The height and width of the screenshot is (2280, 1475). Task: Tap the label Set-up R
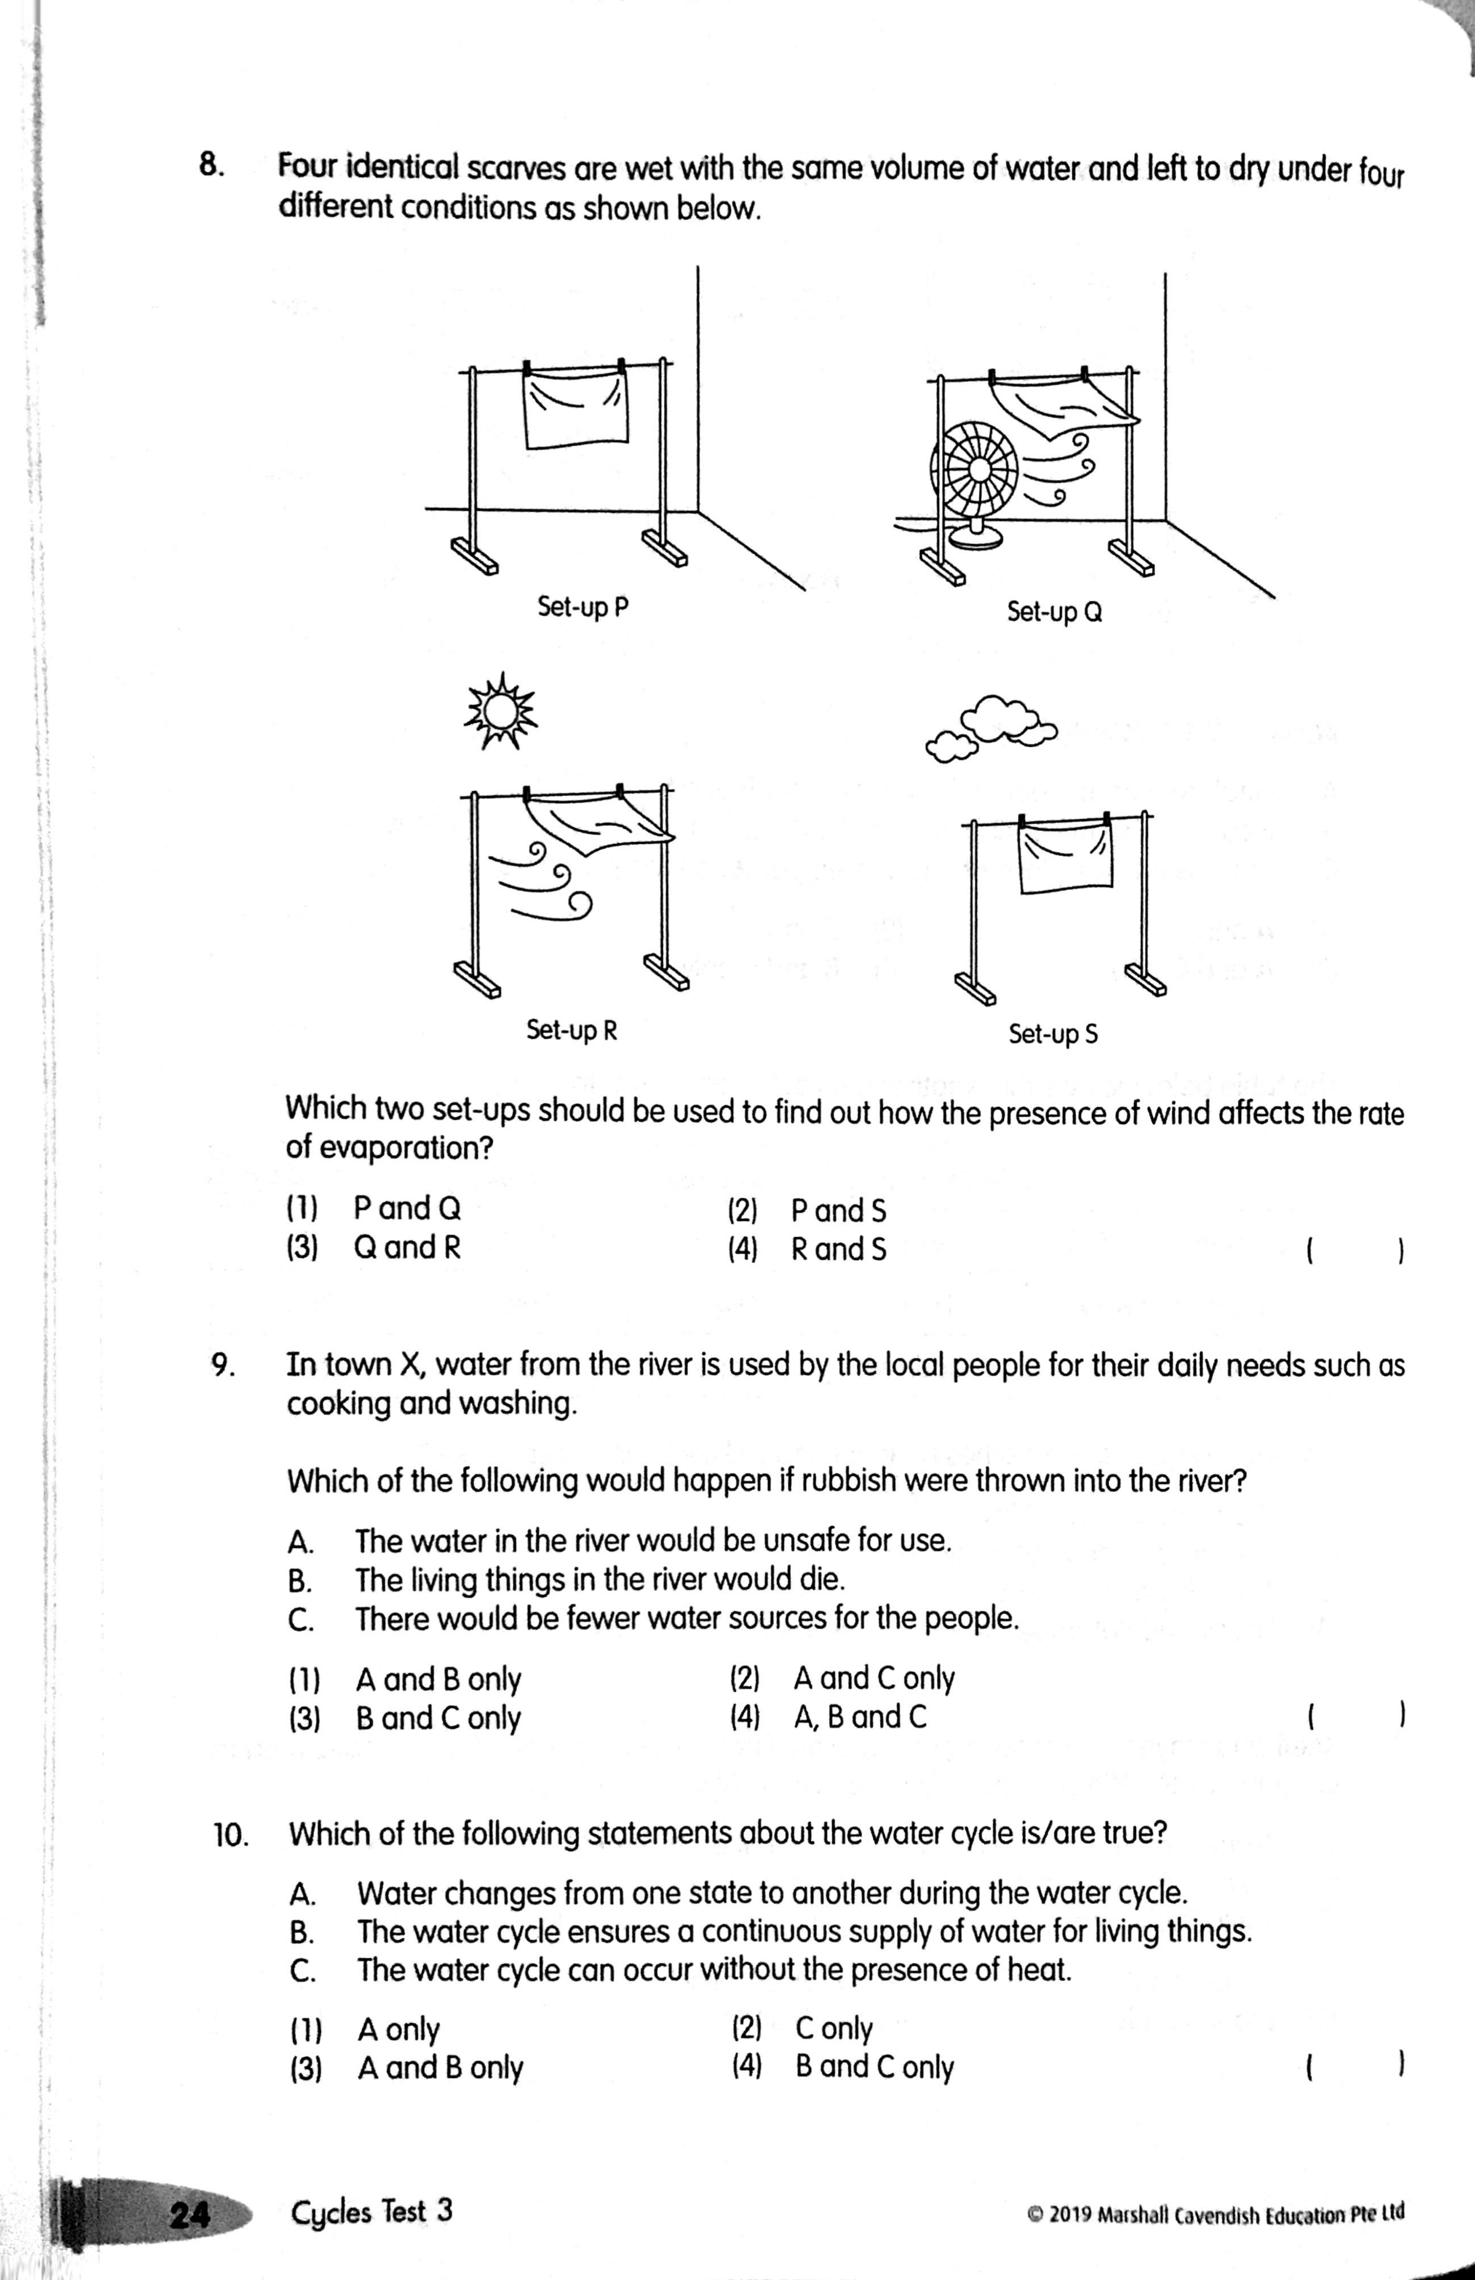(572, 1030)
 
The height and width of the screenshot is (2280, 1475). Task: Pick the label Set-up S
(1053, 1034)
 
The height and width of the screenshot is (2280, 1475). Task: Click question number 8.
(212, 166)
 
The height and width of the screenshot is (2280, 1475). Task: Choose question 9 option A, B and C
(859, 1717)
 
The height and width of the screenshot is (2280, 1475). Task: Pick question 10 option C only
(833, 2028)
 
